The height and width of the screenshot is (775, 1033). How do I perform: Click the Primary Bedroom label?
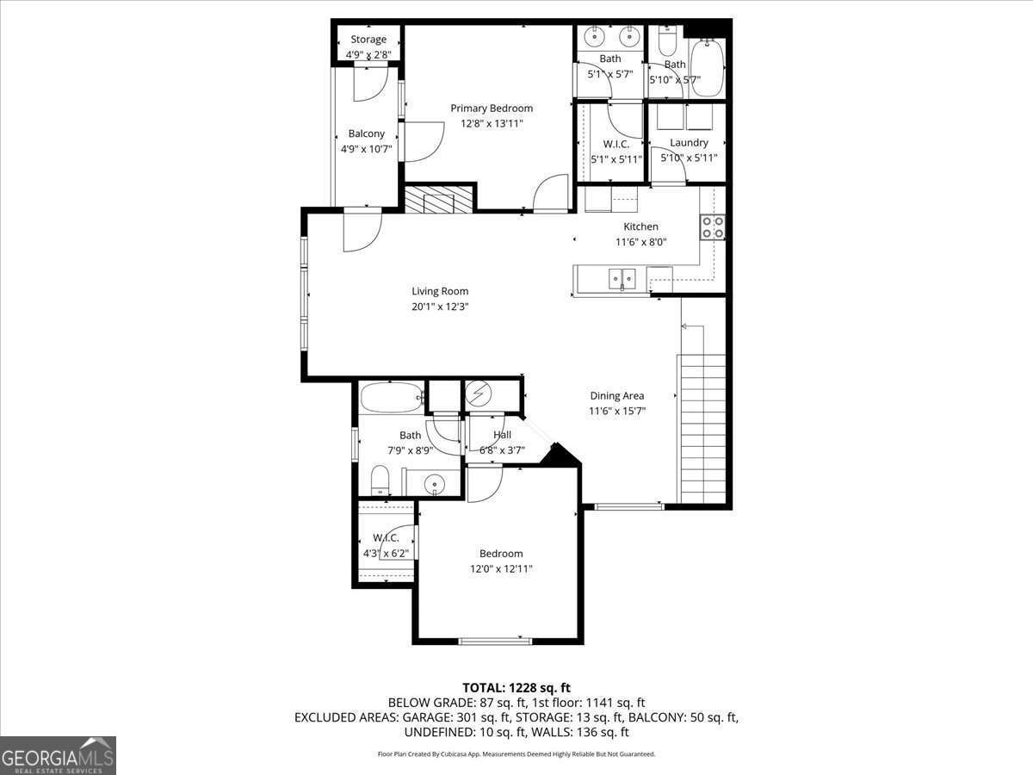coord(492,108)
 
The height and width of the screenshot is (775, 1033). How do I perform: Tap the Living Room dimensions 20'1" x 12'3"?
coord(440,307)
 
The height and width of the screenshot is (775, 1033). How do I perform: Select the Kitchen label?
coord(640,226)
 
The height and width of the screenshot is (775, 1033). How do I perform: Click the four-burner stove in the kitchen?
coord(712,227)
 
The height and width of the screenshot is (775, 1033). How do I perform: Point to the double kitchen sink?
coord(622,277)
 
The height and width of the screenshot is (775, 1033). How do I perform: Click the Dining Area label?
coord(616,396)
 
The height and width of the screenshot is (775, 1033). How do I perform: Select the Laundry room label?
coord(689,143)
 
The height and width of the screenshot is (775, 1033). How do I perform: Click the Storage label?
coord(368,40)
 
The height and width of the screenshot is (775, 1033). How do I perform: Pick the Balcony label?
coord(366,133)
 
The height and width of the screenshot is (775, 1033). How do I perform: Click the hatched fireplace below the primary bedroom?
coord(439,199)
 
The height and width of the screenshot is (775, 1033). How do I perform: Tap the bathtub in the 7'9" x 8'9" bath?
coord(392,398)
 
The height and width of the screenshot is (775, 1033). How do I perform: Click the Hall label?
coord(502,435)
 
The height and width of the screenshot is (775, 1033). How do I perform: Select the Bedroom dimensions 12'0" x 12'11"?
coord(501,569)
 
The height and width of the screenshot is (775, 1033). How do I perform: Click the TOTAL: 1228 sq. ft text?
coord(516,687)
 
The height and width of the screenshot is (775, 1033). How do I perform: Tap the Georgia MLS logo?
coord(58,755)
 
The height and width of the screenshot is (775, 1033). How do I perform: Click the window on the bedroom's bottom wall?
coord(494,640)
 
